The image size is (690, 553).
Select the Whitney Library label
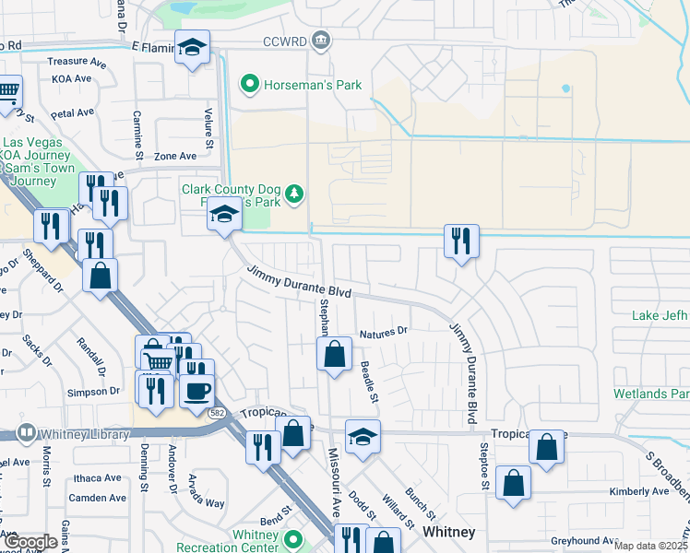(67, 431)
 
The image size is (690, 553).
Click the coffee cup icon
(196, 390)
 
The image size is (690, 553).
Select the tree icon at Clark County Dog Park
(294, 194)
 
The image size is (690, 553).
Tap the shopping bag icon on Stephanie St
(334, 353)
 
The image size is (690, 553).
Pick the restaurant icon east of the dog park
(459, 241)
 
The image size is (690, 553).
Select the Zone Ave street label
(175, 157)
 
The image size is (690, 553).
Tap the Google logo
(29, 542)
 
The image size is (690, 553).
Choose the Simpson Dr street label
(93, 392)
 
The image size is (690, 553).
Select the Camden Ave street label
(98, 498)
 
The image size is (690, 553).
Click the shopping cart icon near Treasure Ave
(7, 91)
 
